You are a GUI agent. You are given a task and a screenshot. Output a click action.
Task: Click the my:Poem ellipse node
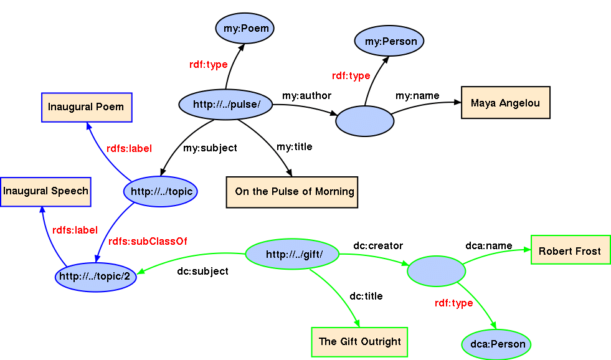point(245,29)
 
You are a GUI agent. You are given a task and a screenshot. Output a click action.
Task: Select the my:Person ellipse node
point(389,42)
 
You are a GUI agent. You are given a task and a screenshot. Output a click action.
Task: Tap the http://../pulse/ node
point(226,105)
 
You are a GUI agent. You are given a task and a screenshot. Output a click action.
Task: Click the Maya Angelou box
point(505,103)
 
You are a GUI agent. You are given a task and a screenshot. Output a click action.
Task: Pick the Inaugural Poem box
point(86,107)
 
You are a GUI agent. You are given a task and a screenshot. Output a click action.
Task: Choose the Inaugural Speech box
point(45,191)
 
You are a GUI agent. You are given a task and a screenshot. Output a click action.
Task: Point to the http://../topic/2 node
point(95,277)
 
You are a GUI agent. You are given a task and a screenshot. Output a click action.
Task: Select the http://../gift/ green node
point(292,254)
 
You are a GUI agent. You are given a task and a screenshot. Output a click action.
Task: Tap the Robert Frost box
point(570,251)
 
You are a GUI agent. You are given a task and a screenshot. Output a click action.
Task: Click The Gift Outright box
point(359,341)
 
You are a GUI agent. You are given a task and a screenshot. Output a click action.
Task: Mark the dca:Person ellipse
point(498,344)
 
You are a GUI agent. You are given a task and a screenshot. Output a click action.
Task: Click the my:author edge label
point(306,96)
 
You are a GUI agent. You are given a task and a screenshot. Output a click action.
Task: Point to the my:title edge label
point(295,147)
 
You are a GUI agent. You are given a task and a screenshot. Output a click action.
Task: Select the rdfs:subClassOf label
point(148,241)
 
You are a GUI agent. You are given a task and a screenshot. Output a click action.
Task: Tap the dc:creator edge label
point(378,246)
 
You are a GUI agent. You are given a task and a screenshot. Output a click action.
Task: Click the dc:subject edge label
point(202,272)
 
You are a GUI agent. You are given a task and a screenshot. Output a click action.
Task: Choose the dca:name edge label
point(488,246)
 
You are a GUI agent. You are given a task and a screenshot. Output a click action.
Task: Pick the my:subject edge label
point(210,148)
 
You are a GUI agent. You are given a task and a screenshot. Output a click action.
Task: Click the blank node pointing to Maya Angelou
point(364,121)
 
